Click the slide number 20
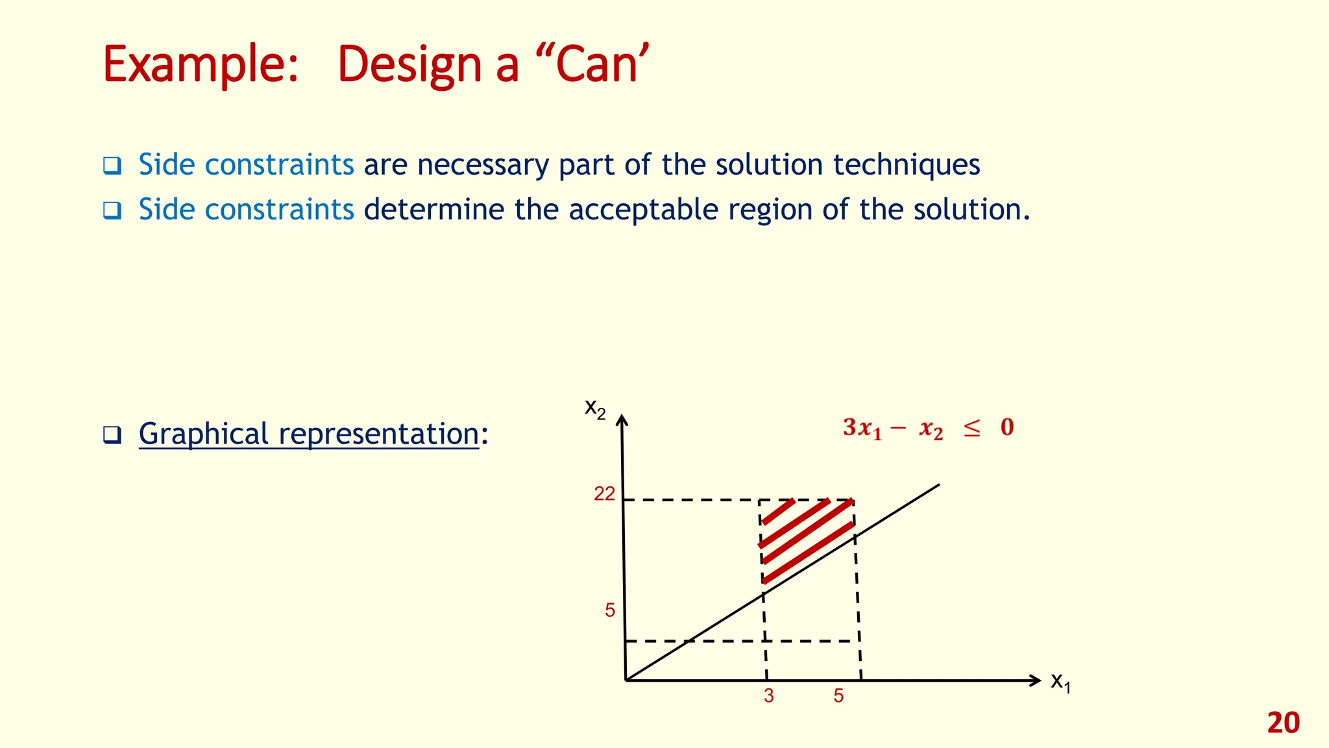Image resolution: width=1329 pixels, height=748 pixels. (x=1283, y=723)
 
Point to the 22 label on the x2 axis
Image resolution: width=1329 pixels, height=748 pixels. (x=604, y=494)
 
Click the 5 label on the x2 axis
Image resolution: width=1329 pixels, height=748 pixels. (x=610, y=610)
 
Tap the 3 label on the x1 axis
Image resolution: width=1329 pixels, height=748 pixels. (x=769, y=696)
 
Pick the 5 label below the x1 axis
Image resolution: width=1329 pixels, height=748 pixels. (x=839, y=696)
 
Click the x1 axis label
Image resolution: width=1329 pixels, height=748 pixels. (x=1060, y=682)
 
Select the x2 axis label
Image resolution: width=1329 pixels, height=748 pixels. (x=595, y=408)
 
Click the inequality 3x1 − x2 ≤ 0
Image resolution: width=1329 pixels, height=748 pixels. (x=928, y=428)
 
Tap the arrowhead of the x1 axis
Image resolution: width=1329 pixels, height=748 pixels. (x=1036, y=680)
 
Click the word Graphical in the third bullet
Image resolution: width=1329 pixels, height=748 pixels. (x=203, y=434)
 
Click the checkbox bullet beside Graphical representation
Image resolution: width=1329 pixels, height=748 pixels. (x=112, y=435)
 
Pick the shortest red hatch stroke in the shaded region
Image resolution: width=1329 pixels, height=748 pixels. (x=779, y=512)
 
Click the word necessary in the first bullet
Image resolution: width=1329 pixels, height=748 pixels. (x=483, y=165)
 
